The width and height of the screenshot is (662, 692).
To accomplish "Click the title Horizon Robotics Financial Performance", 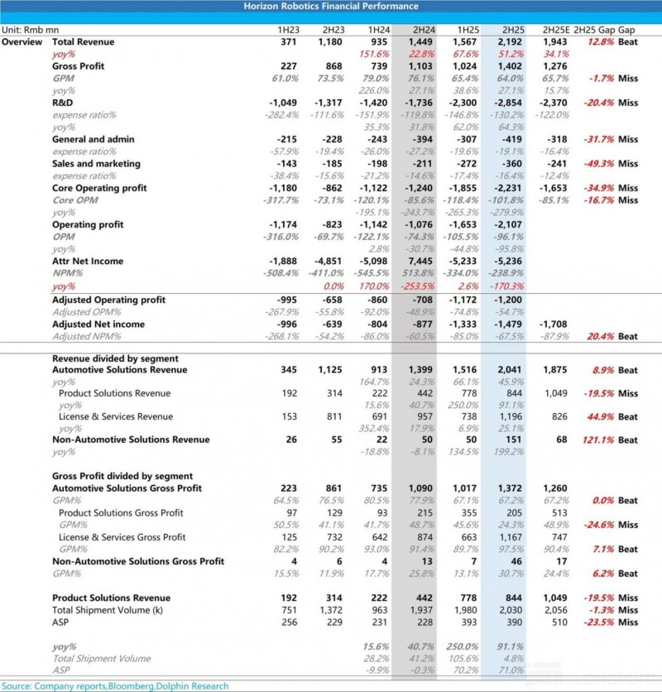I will (331, 7).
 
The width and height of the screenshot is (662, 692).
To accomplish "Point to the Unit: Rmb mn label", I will (26, 30).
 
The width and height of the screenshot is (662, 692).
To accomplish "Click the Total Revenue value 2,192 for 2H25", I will (506, 42).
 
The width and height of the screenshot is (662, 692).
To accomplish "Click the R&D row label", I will (64, 103).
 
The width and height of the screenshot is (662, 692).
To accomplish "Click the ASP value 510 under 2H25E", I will (559, 622).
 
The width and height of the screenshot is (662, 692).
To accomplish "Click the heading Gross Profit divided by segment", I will (122, 477).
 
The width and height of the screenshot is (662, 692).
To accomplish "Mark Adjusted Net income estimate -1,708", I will (554, 324).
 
